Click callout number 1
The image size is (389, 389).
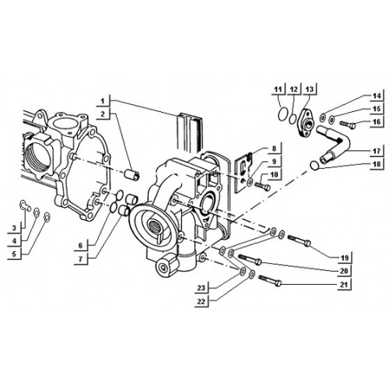pos(103,101)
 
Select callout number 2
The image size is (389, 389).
pos(103,114)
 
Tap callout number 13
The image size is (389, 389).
pos(310,89)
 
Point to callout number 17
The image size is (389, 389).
pos(377,151)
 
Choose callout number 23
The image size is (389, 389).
pos(201,288)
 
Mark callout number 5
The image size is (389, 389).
pos(14,254)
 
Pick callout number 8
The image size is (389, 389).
pos(274,149)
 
